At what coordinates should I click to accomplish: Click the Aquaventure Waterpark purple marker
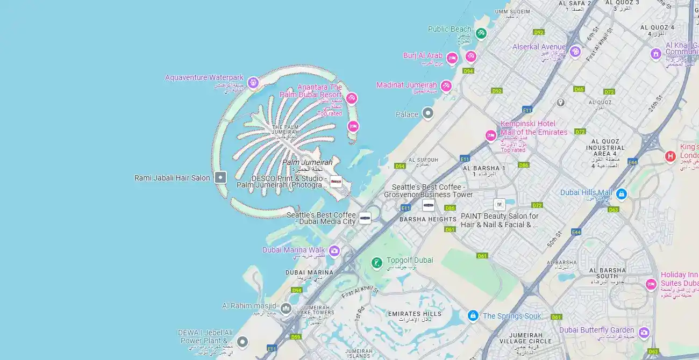point(253,83)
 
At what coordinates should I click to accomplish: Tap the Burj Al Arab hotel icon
point(452,57)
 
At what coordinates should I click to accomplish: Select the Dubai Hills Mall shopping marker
point(621,194)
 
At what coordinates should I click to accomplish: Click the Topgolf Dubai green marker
point(377,263)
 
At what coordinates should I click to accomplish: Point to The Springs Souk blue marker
point(473,316)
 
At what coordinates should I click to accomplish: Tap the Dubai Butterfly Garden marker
point(644,333)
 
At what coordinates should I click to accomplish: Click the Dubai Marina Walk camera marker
point(334,251)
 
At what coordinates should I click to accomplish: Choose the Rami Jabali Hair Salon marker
point(220,177)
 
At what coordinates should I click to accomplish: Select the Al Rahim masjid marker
point(286,308)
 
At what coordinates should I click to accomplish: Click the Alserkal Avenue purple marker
point(575,52)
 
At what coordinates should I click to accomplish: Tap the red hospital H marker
point(670,156)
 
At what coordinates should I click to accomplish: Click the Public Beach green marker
point(481,33)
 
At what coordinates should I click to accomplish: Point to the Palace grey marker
point(427,113)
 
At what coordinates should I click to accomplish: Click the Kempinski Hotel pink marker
point(490,135)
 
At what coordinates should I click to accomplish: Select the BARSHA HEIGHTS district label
point(428,219)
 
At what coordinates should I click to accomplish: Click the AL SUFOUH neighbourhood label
point(423,160)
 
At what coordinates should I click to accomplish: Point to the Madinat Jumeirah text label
point(406,85)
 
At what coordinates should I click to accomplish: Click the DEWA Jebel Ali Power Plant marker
point(242,341)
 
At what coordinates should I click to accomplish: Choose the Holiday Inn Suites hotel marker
point(651,284)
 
